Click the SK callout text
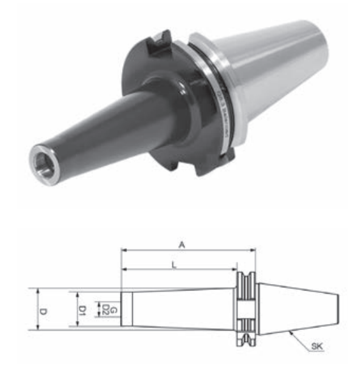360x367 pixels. tap(317, 348)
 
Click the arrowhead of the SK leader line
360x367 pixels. tap(291, 332)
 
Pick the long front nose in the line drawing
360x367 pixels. tap(179, 310)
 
